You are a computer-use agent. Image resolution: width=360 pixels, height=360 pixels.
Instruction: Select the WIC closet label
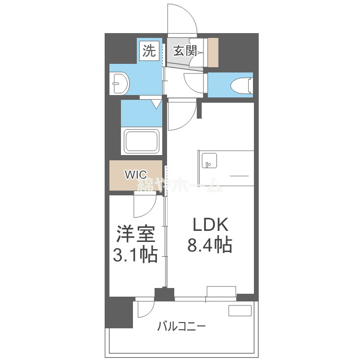135,175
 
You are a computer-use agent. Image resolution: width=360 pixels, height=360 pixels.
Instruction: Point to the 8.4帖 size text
209,246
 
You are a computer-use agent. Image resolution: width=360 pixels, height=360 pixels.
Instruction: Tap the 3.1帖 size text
135,255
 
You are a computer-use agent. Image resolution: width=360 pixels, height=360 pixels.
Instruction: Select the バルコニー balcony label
181,327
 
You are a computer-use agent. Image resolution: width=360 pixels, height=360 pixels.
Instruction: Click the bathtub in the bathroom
141,141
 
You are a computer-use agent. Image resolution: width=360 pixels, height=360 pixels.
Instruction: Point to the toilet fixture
241,85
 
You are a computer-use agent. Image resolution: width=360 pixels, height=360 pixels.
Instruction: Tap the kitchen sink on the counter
209,160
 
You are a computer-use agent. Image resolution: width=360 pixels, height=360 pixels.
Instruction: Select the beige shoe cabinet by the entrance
213,52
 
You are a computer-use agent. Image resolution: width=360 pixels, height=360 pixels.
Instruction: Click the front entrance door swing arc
182,19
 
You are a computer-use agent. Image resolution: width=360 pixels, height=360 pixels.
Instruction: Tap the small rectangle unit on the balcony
240,311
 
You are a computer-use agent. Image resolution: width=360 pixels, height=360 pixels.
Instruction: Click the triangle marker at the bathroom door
156,103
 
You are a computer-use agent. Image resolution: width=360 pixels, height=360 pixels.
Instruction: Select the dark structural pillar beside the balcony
119,312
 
